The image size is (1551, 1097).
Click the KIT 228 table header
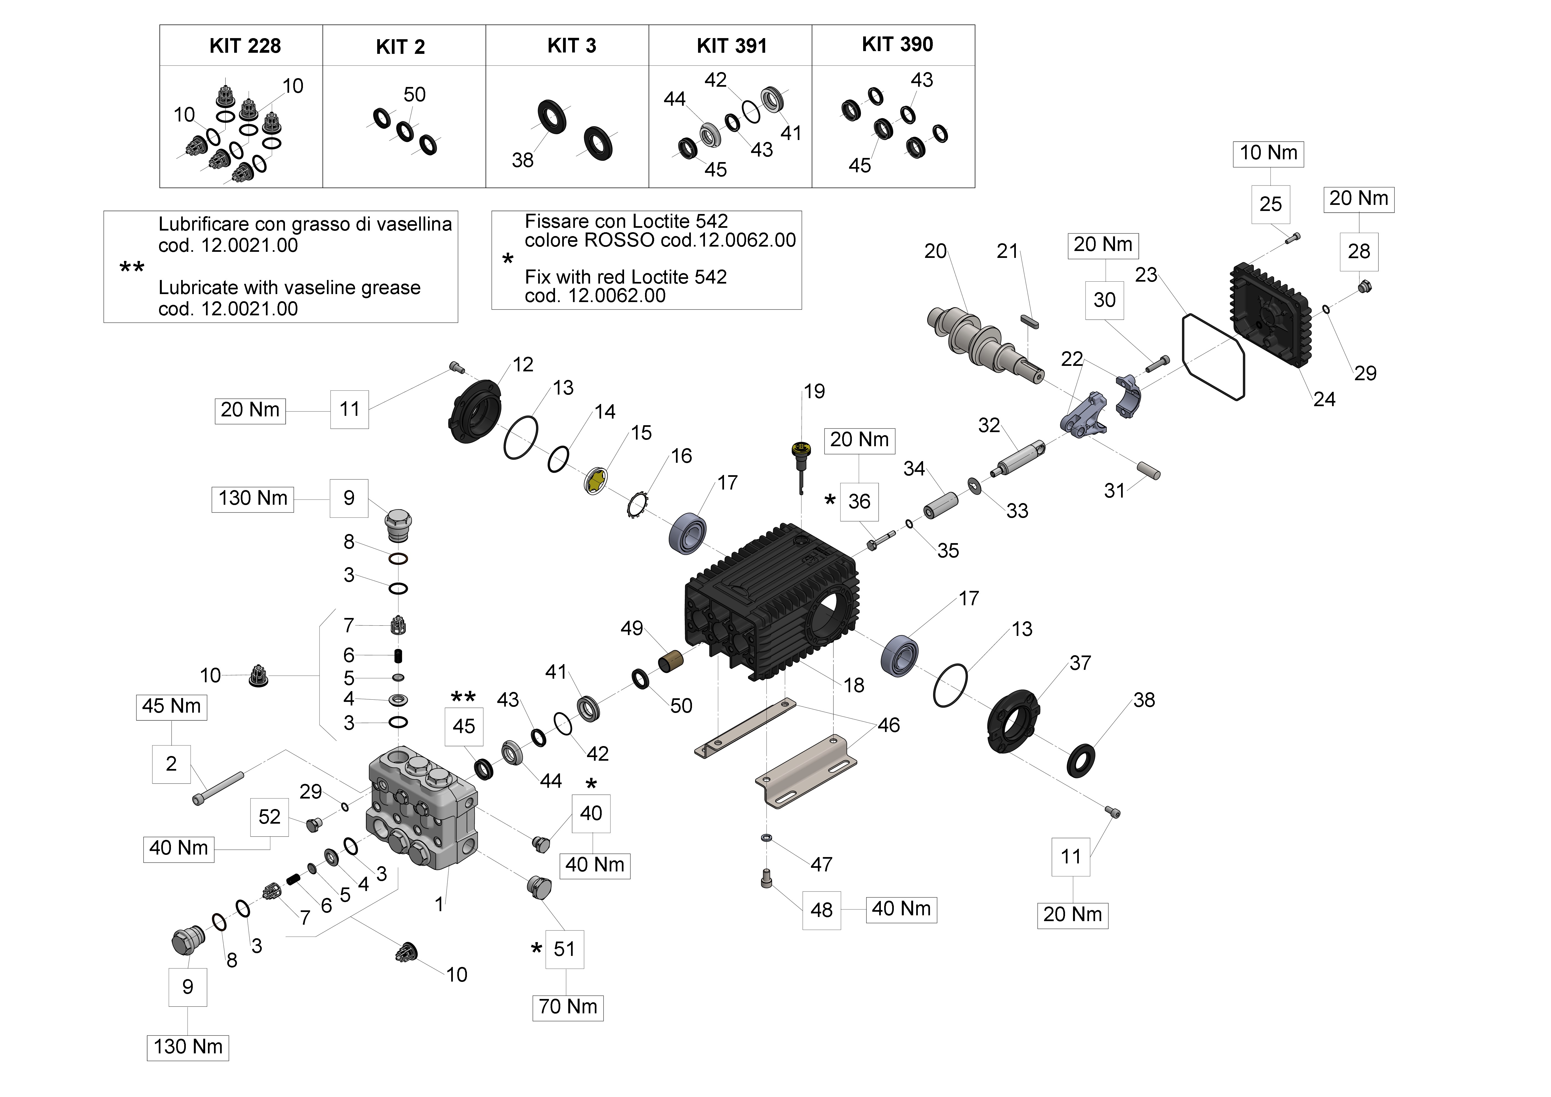coord(245,46)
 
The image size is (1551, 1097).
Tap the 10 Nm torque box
coord(1268,153)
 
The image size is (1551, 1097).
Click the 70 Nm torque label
coord(567,1007)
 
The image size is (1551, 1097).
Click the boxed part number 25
coord(1270,204)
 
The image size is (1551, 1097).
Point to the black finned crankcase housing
coord(770,601)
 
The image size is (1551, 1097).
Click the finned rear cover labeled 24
coord(1270,314)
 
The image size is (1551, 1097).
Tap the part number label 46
coord(888,725)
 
